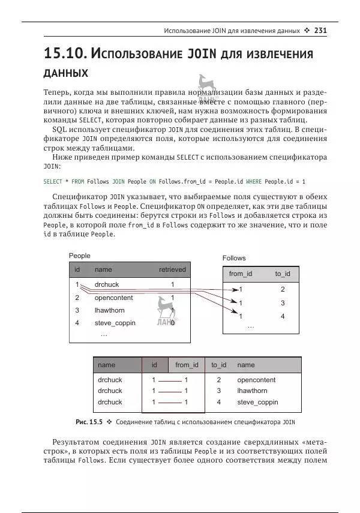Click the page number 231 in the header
click(320, 31)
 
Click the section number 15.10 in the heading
click(65, 53)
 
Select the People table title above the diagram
click(80, 256)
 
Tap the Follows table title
click(234, 258)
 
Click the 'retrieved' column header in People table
click(172, 270)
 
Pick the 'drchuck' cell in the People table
click(107, 284)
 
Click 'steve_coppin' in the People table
click(115, 323)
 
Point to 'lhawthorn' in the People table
click(109, 310)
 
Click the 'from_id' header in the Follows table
click(241, 274)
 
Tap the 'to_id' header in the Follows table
click(283, 274)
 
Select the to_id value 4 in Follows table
click(283, 316)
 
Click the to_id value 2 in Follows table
click(283, 289)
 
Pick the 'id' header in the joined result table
click(154, 365)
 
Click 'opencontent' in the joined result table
click(256, 380)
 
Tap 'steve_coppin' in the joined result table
click(257, 402)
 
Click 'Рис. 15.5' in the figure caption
click(88, 422)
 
